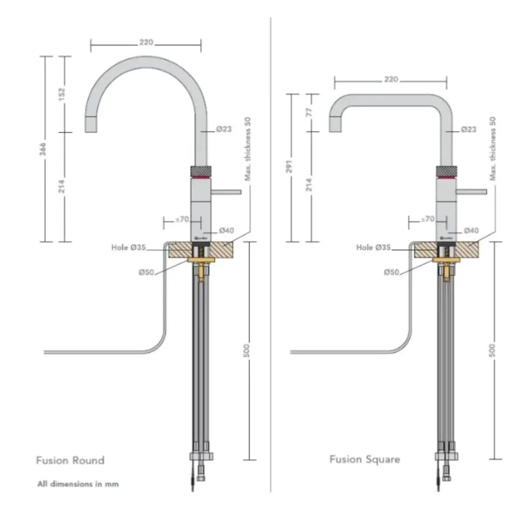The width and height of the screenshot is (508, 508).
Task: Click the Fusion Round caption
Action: coord(70,460)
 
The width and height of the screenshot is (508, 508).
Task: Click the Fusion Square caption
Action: coord(364,459)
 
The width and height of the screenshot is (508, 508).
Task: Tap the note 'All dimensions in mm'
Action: coord(78,484)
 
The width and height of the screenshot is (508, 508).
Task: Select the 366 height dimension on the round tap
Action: coord(44,148)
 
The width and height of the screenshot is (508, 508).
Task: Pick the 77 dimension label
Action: coord(310,112)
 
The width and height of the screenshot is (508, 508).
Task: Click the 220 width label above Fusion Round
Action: coord(146,43)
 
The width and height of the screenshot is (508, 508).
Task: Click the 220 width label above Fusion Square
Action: coord(391,79)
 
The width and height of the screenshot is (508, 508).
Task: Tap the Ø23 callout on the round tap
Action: coord(224,129)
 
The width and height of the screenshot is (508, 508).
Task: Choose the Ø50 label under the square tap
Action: coord(391,272)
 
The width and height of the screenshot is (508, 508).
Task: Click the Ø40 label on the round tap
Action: coord(227,231)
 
